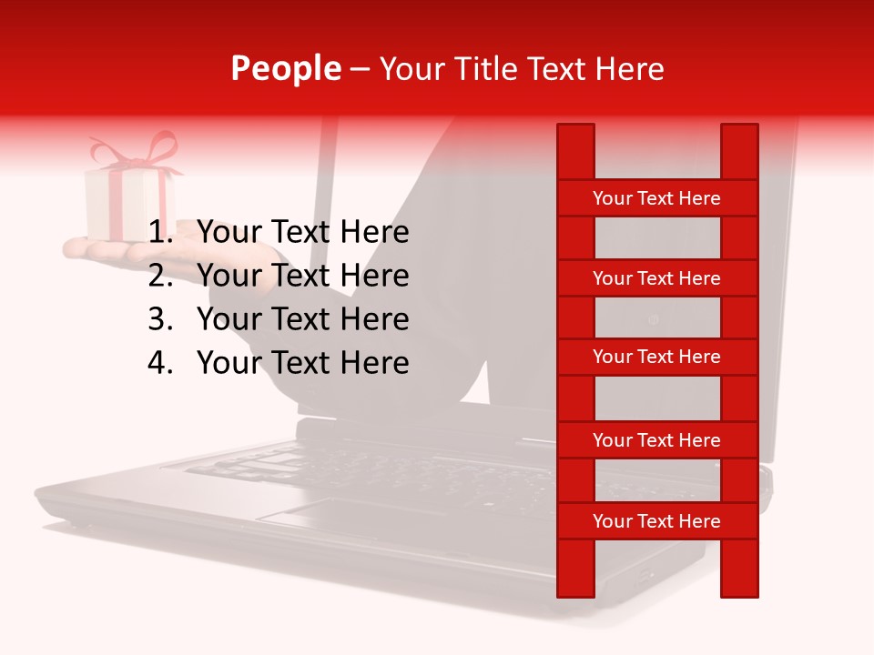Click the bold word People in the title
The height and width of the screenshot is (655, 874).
(286, 68)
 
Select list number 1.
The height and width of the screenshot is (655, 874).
(159, 233)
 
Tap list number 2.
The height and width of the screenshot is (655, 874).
(159, 277)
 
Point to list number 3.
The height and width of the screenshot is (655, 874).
(159, 320)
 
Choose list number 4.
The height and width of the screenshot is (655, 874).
(159, 364)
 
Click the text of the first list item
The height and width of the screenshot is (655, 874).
(302, 233)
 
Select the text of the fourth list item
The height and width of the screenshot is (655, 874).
(302, 364)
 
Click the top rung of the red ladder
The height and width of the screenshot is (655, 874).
(656, 198)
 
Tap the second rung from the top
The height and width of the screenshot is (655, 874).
(656, 278)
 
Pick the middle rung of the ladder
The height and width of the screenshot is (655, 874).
(656, 358)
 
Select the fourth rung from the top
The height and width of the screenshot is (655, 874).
(656, 440)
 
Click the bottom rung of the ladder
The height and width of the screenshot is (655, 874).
(656, 521)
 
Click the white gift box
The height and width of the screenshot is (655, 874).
(127, 205)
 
